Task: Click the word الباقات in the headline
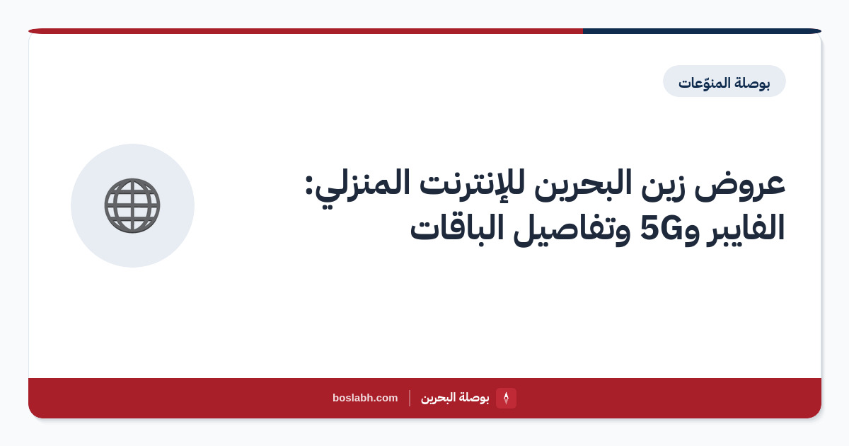(x=458, y=227)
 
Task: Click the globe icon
(x=132, y=205)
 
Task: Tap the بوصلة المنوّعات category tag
(x=724, y=81)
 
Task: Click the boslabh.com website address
(x=365, y=398)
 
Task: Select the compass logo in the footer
(x=506, y=398)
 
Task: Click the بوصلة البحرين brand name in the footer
(x=455, y=398)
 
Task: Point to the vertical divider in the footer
(x=410, y=398)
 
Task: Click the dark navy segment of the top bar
(x=702, y=31)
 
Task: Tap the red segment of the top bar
(x=306, y=31)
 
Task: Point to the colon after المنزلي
(x=310, y=185)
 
